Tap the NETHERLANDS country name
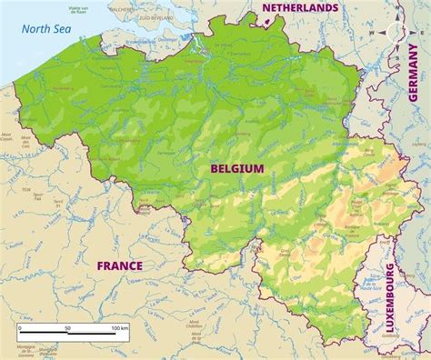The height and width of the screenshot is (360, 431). (x=300, y=7)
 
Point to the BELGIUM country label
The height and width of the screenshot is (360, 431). (x=236, y=168)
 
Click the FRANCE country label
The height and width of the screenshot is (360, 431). (x=120, y=265)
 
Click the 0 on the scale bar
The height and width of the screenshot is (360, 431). (x=19, y=325)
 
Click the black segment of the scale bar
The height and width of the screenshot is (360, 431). (x=43, y=333)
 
